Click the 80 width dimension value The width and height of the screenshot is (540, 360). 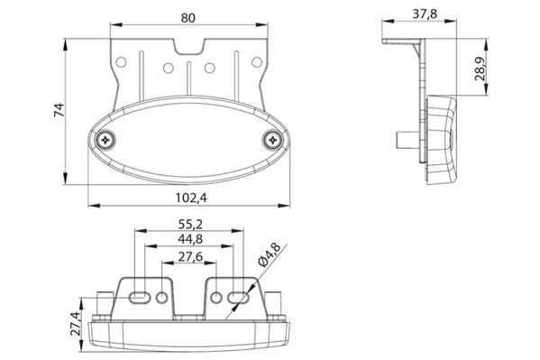(188, 17)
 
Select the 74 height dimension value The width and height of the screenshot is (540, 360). (59, 110)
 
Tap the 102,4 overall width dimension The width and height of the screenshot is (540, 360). (191, 198)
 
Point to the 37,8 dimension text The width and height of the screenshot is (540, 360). (425, 14)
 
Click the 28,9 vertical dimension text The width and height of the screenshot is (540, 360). (481, 69)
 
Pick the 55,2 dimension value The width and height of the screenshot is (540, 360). (190, 225)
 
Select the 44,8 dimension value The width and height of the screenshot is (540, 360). (190, 239)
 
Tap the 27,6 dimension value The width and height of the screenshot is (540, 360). (190, 257)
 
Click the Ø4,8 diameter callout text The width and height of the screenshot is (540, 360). (270, 254)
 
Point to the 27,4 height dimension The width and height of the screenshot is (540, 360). (75, 323)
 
